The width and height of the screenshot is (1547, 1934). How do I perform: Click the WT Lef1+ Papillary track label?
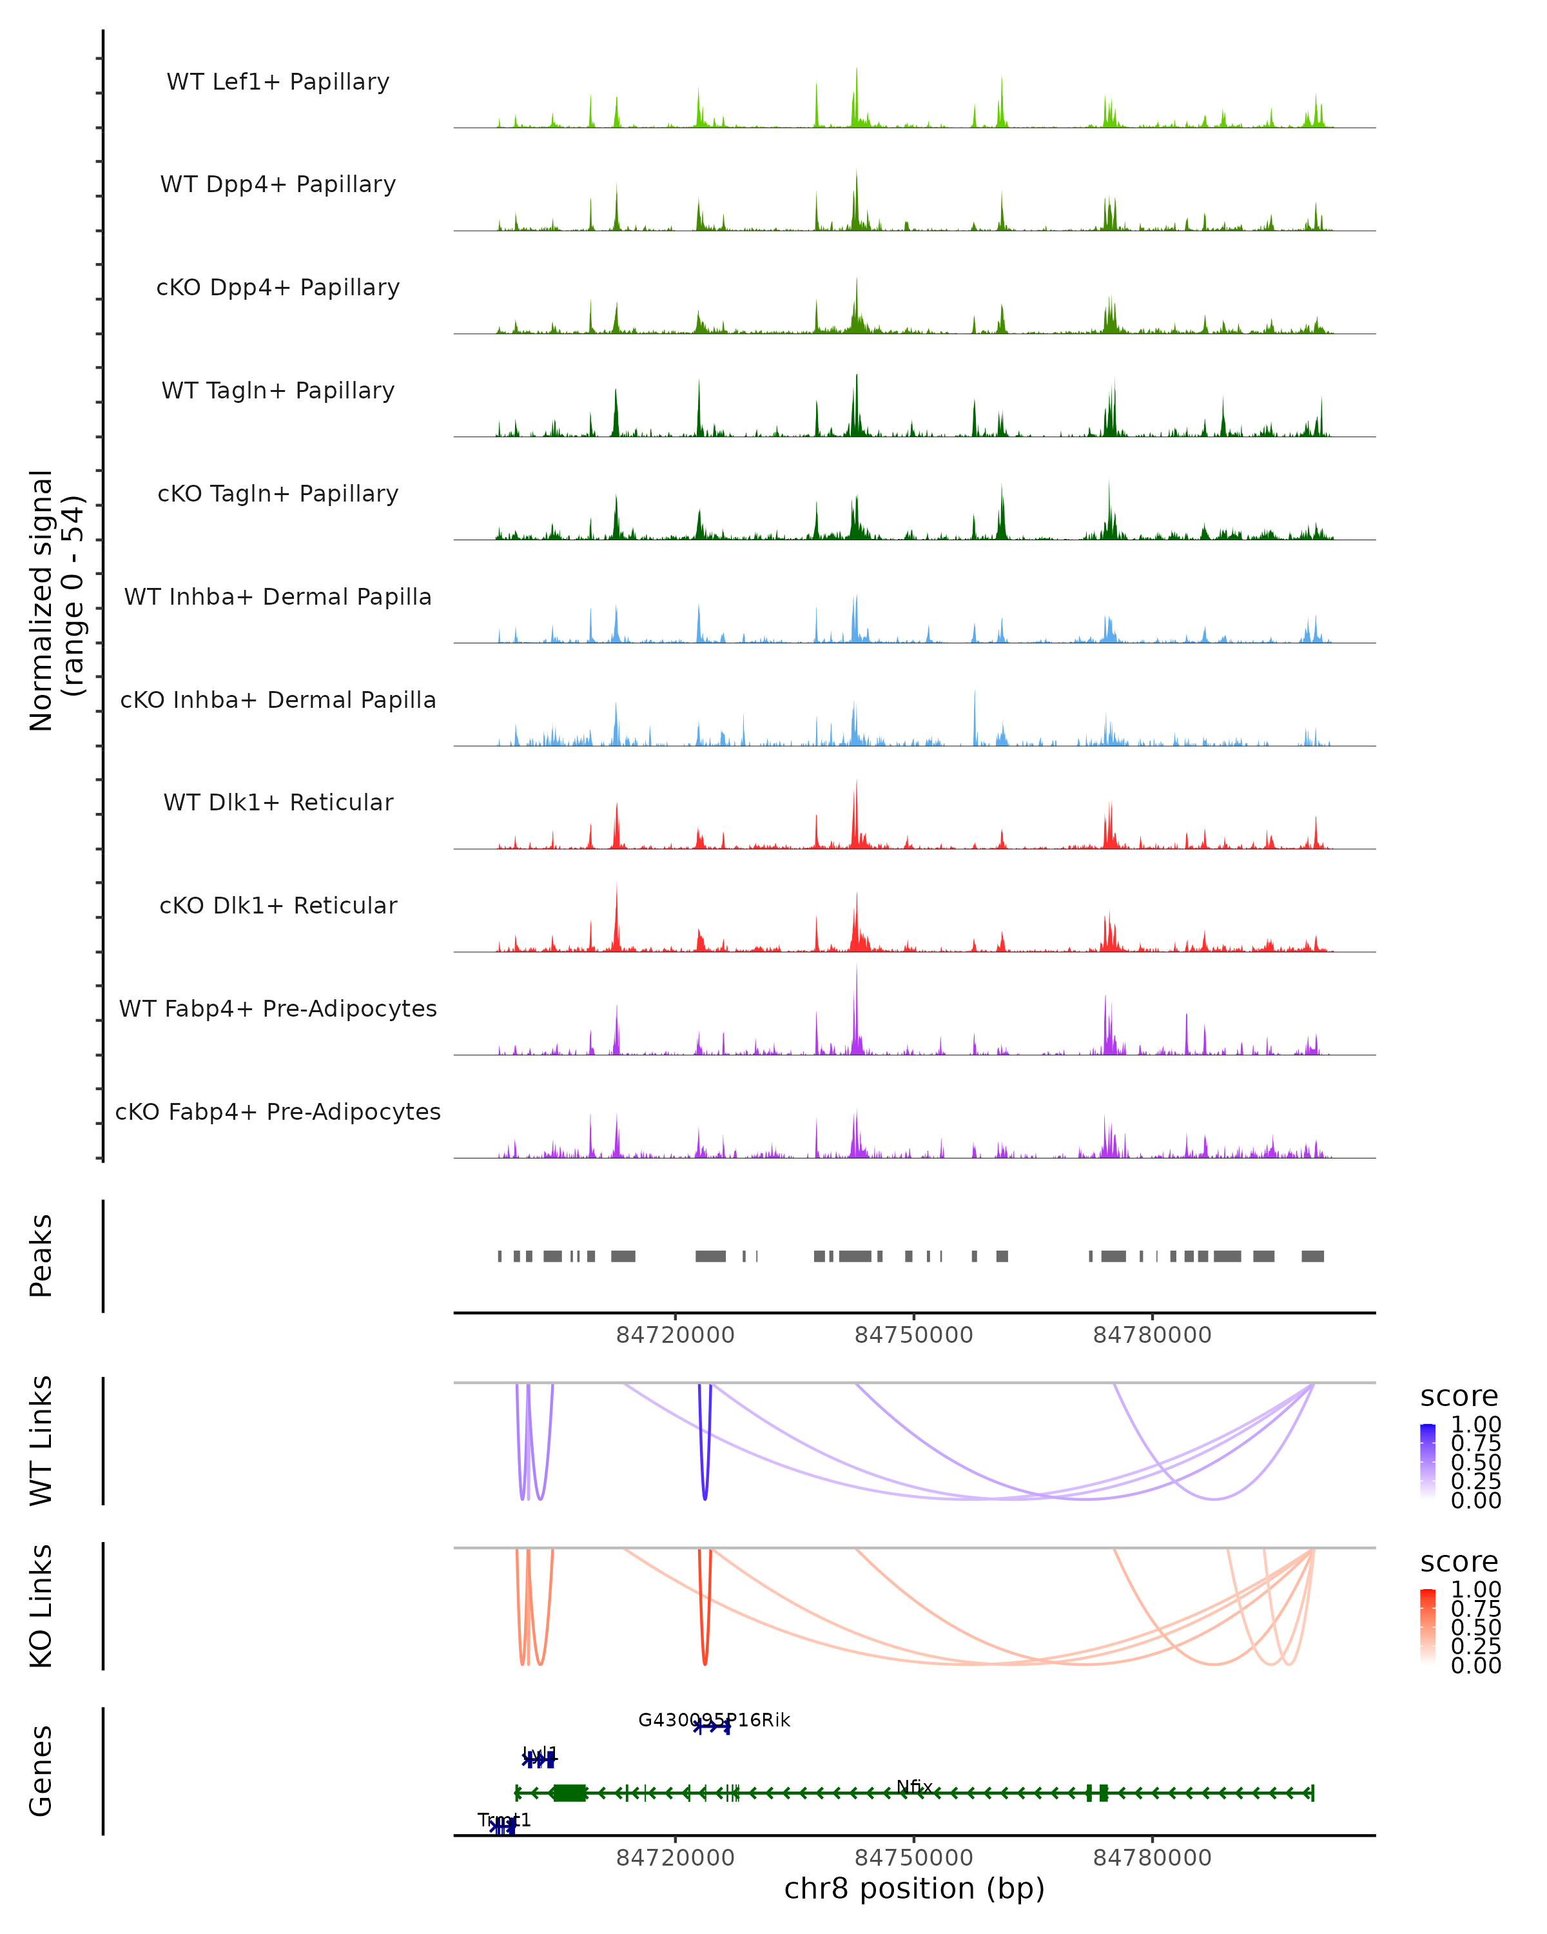coord(278,82)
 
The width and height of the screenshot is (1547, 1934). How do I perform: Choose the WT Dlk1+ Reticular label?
coord(278,802)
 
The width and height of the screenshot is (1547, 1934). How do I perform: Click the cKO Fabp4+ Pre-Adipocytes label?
coord(278,1111)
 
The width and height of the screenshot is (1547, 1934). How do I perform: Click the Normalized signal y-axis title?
coord(55,600)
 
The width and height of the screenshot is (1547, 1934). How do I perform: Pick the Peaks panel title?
coord(41,1255)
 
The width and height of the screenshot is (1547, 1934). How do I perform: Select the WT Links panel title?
coord(41,1441)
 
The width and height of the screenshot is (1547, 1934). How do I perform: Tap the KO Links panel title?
coord(41,1606)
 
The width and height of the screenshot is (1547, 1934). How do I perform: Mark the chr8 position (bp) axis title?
coord(914,1888)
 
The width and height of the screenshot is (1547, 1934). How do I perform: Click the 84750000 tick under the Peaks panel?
coord(914,1335)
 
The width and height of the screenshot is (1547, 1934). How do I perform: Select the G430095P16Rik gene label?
coord(714,1719)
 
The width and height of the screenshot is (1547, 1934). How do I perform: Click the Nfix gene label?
coord(915,1786)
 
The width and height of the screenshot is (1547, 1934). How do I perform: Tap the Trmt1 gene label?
coord(504,1820)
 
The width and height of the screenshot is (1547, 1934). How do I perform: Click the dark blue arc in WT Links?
coord(705,1471)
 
